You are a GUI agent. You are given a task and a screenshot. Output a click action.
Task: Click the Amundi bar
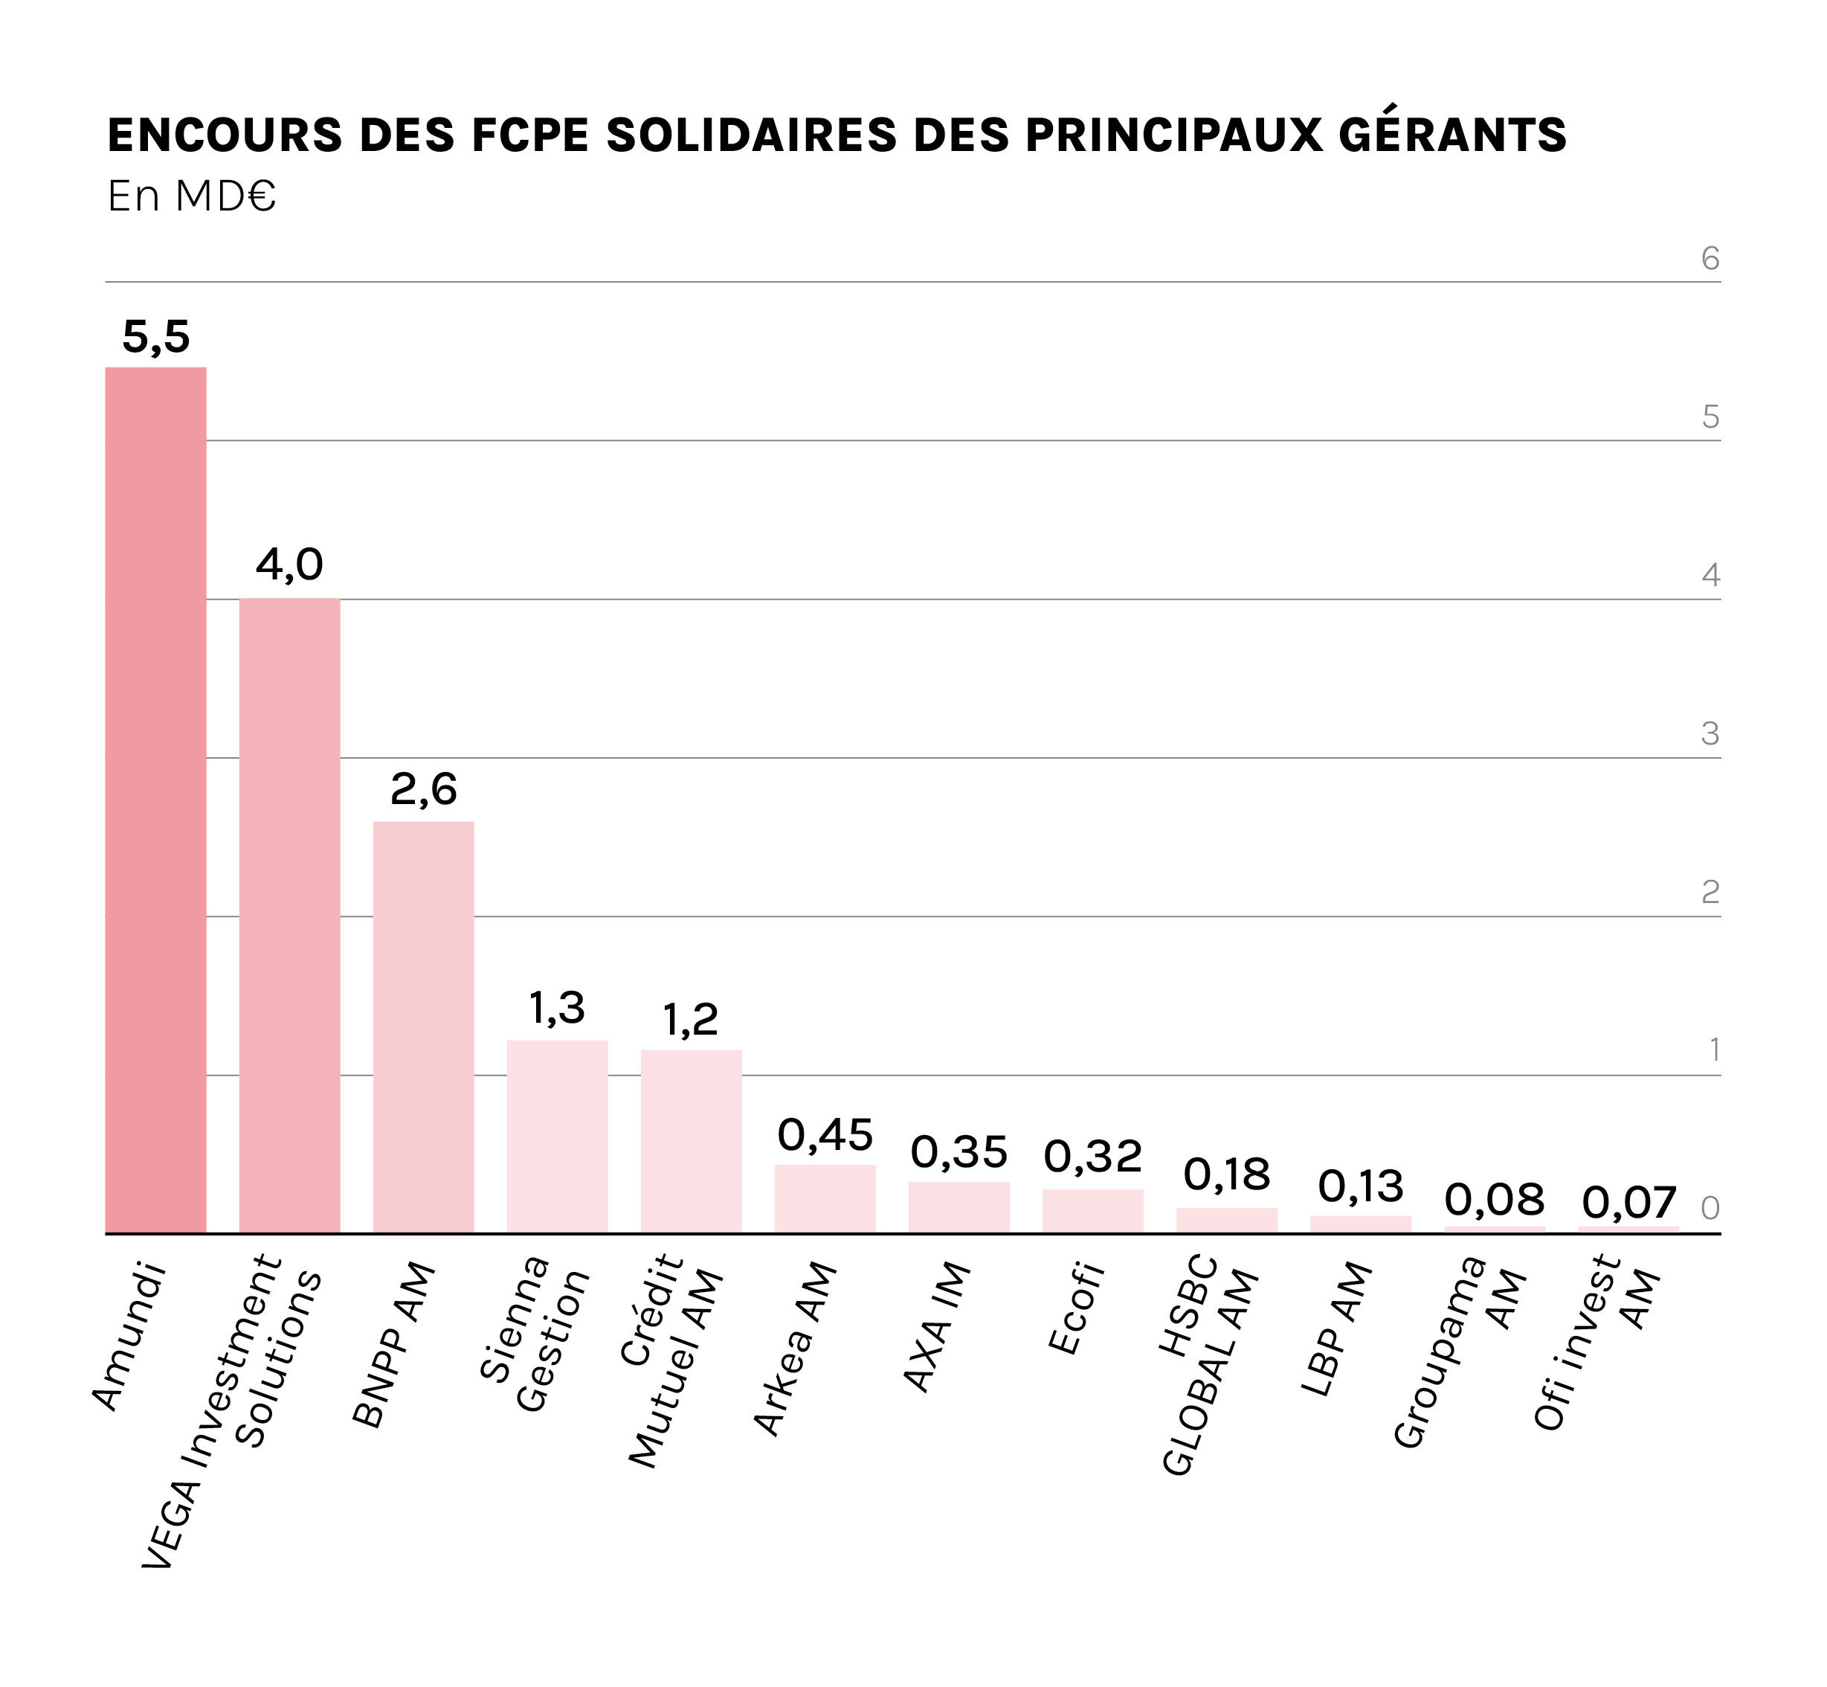click(x=155, y=800)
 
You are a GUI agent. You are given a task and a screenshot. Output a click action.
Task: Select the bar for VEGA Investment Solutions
click(x=289, y=916)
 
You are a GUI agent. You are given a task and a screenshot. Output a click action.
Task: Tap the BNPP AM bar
click(x=423, y=1027)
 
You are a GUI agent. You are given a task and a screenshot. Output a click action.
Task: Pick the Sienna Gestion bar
click(x=558, y=1137)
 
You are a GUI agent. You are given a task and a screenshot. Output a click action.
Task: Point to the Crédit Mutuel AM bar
click(x=691, y=1141)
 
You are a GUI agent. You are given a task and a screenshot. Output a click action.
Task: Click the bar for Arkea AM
click(x=825, y=1198)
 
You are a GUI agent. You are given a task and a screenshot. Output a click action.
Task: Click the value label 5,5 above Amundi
click(x=156, y=338)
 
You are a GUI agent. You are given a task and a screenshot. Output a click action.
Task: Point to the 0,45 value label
click(x=825, y=1136)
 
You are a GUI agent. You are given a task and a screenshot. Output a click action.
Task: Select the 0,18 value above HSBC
click(x=1226, y=1176)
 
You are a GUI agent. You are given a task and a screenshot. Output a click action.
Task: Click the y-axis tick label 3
click(x=1710, y=734)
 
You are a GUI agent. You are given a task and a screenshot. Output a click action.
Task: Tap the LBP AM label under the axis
click(x=1336, y=1329)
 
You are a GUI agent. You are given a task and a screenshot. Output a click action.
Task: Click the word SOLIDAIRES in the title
click(x=751, y=135)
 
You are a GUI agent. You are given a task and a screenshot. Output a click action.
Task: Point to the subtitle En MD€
click(x=190, y=196)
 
